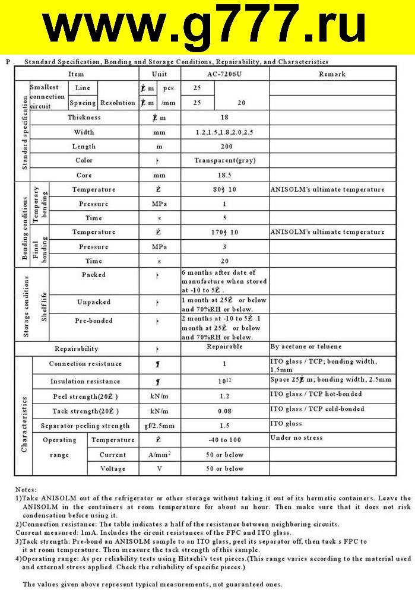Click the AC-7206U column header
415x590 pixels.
[224, 74]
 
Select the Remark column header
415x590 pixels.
[332, 74]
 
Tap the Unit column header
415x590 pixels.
[159, 74]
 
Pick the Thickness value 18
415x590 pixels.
[224, 118]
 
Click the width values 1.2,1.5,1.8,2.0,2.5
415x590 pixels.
[224, 132]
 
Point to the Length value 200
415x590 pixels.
[224, 146]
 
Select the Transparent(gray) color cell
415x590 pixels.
[224, 161]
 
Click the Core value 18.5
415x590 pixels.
[224, 175]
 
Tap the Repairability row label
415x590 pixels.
[77, 349]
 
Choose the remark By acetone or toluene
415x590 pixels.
[306, 347]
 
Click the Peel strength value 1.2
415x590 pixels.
[224, 396]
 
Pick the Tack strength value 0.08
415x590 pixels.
[224, 411]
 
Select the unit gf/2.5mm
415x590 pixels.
[159, 426]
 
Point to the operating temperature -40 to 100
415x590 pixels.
[224, 440]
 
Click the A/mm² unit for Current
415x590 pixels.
[159, 455]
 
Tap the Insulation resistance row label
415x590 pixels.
[85, 381]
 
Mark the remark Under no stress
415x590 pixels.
[296, 438]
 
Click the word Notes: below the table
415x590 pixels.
[26, 489]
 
